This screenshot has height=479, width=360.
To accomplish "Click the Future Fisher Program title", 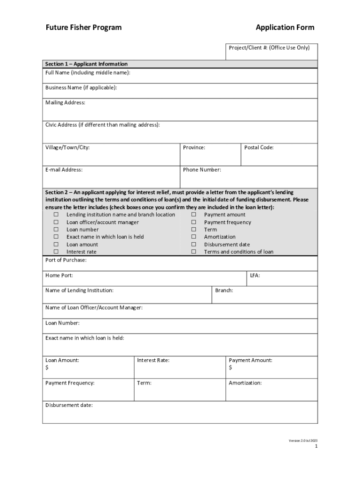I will tap(83, 28).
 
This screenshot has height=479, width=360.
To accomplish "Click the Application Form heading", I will tap(285, 28).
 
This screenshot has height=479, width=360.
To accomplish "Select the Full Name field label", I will tap(87, 73).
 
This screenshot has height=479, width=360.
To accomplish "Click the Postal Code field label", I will tap(259, 147).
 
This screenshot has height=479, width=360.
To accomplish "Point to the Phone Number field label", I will tap(202, 170).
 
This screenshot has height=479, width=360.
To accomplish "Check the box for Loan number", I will tap(56, 230).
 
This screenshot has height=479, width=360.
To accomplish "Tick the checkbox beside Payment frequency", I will tap(194, 222).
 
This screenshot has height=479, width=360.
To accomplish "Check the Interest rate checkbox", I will tap(56, 252).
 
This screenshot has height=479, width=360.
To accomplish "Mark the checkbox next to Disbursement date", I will tap(194, 244).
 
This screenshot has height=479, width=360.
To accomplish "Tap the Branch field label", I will tap(224, 290).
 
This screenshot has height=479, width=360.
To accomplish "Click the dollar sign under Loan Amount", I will tap(47, 368).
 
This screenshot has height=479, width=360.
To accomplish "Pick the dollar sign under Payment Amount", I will tap(230, 368).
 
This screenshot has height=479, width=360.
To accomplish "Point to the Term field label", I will tap(144, 383).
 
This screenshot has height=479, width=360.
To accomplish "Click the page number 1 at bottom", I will tap(316, 446).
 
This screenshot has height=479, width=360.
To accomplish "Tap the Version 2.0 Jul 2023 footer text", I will tap(303, 440).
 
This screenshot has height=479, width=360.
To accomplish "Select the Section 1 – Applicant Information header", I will tap(86, 64).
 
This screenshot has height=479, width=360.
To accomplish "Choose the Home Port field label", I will tap(59, 276).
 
